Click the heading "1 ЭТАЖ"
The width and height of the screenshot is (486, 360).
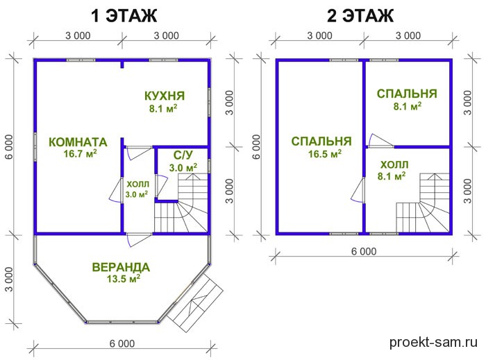tap(124, 15)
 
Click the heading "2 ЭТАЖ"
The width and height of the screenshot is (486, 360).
tap(360, 15)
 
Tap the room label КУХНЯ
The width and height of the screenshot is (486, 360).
tap(165, 96)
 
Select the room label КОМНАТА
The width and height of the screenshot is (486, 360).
tap(78, 142)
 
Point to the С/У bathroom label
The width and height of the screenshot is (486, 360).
tap(183, 155)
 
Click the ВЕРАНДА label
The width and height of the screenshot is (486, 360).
tap(121, 267)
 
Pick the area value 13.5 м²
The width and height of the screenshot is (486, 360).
tap(124, 279)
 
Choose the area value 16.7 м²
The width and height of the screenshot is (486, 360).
tap(81, 153)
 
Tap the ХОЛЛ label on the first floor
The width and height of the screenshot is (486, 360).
tap(138, 185)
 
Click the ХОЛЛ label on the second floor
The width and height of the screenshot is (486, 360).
tap(394, 164)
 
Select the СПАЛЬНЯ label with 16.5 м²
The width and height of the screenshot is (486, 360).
tap(321, 142)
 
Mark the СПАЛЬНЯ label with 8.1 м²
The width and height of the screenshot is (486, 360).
tap(407, 94)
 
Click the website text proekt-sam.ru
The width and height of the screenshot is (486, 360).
tap(433, 343)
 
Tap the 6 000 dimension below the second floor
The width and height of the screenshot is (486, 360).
tap(364, 251)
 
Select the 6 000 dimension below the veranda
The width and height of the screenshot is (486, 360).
tap(122, 343)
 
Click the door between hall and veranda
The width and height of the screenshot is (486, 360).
tap(139, 239)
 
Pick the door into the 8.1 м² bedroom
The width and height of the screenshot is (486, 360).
tap(380, 141)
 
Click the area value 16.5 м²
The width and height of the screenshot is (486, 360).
tap(325, 153)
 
